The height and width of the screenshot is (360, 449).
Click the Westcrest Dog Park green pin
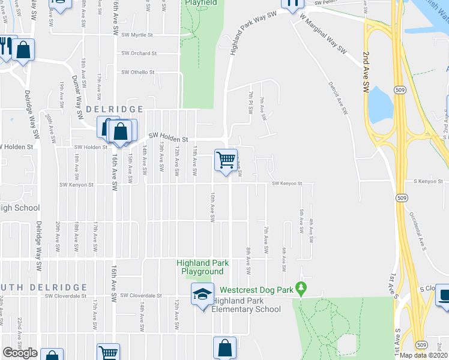point(302,289)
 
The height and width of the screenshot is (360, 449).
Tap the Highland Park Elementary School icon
point(203,294)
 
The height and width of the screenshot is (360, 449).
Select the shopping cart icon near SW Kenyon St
point(226,160)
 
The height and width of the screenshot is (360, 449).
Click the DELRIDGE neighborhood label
point(115,109)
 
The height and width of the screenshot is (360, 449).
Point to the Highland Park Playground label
point(203,267)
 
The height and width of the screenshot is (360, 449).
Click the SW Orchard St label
point(139,53)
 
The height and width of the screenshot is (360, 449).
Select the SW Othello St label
point(137,72)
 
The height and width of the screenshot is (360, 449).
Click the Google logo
point(20,353)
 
